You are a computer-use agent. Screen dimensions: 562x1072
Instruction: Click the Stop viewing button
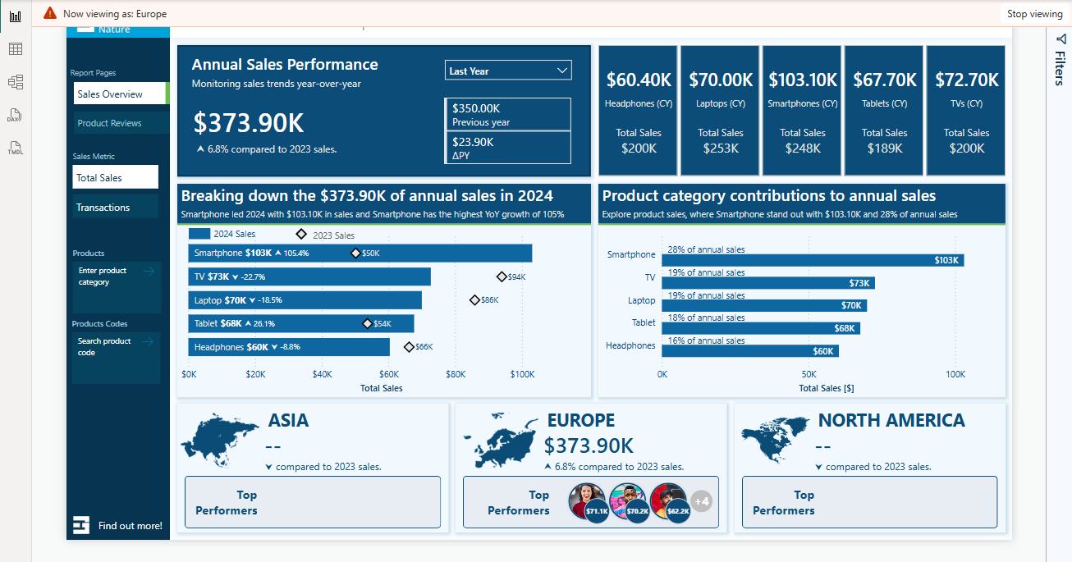1034,14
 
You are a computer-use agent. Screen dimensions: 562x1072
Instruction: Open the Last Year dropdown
508,71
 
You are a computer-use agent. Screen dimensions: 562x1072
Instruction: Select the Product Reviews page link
110,123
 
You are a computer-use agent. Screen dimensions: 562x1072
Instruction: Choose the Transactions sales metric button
103,208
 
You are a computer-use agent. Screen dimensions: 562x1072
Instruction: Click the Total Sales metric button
99,178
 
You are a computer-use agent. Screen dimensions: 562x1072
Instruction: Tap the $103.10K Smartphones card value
802,80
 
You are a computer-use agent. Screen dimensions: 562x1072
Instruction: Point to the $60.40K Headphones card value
639,80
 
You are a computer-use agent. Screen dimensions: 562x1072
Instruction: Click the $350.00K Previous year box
507,114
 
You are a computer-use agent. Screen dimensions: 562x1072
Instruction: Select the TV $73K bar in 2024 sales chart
309,276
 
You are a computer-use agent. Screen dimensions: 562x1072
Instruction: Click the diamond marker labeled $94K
502,276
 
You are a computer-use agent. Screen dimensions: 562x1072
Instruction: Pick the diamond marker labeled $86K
474,300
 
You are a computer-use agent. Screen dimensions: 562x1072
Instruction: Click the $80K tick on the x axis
456,374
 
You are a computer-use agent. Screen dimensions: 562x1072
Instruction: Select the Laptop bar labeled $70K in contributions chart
763,305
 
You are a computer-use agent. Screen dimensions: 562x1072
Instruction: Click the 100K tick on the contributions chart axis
955,374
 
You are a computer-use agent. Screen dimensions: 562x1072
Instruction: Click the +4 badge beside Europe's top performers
701,501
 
